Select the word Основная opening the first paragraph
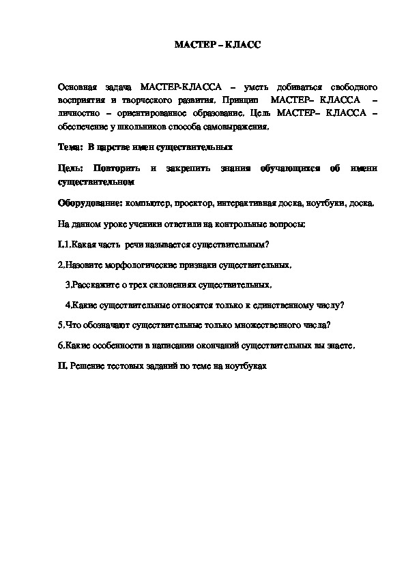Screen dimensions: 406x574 77,88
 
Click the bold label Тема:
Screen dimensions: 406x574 69,146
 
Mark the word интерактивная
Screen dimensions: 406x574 250,203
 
